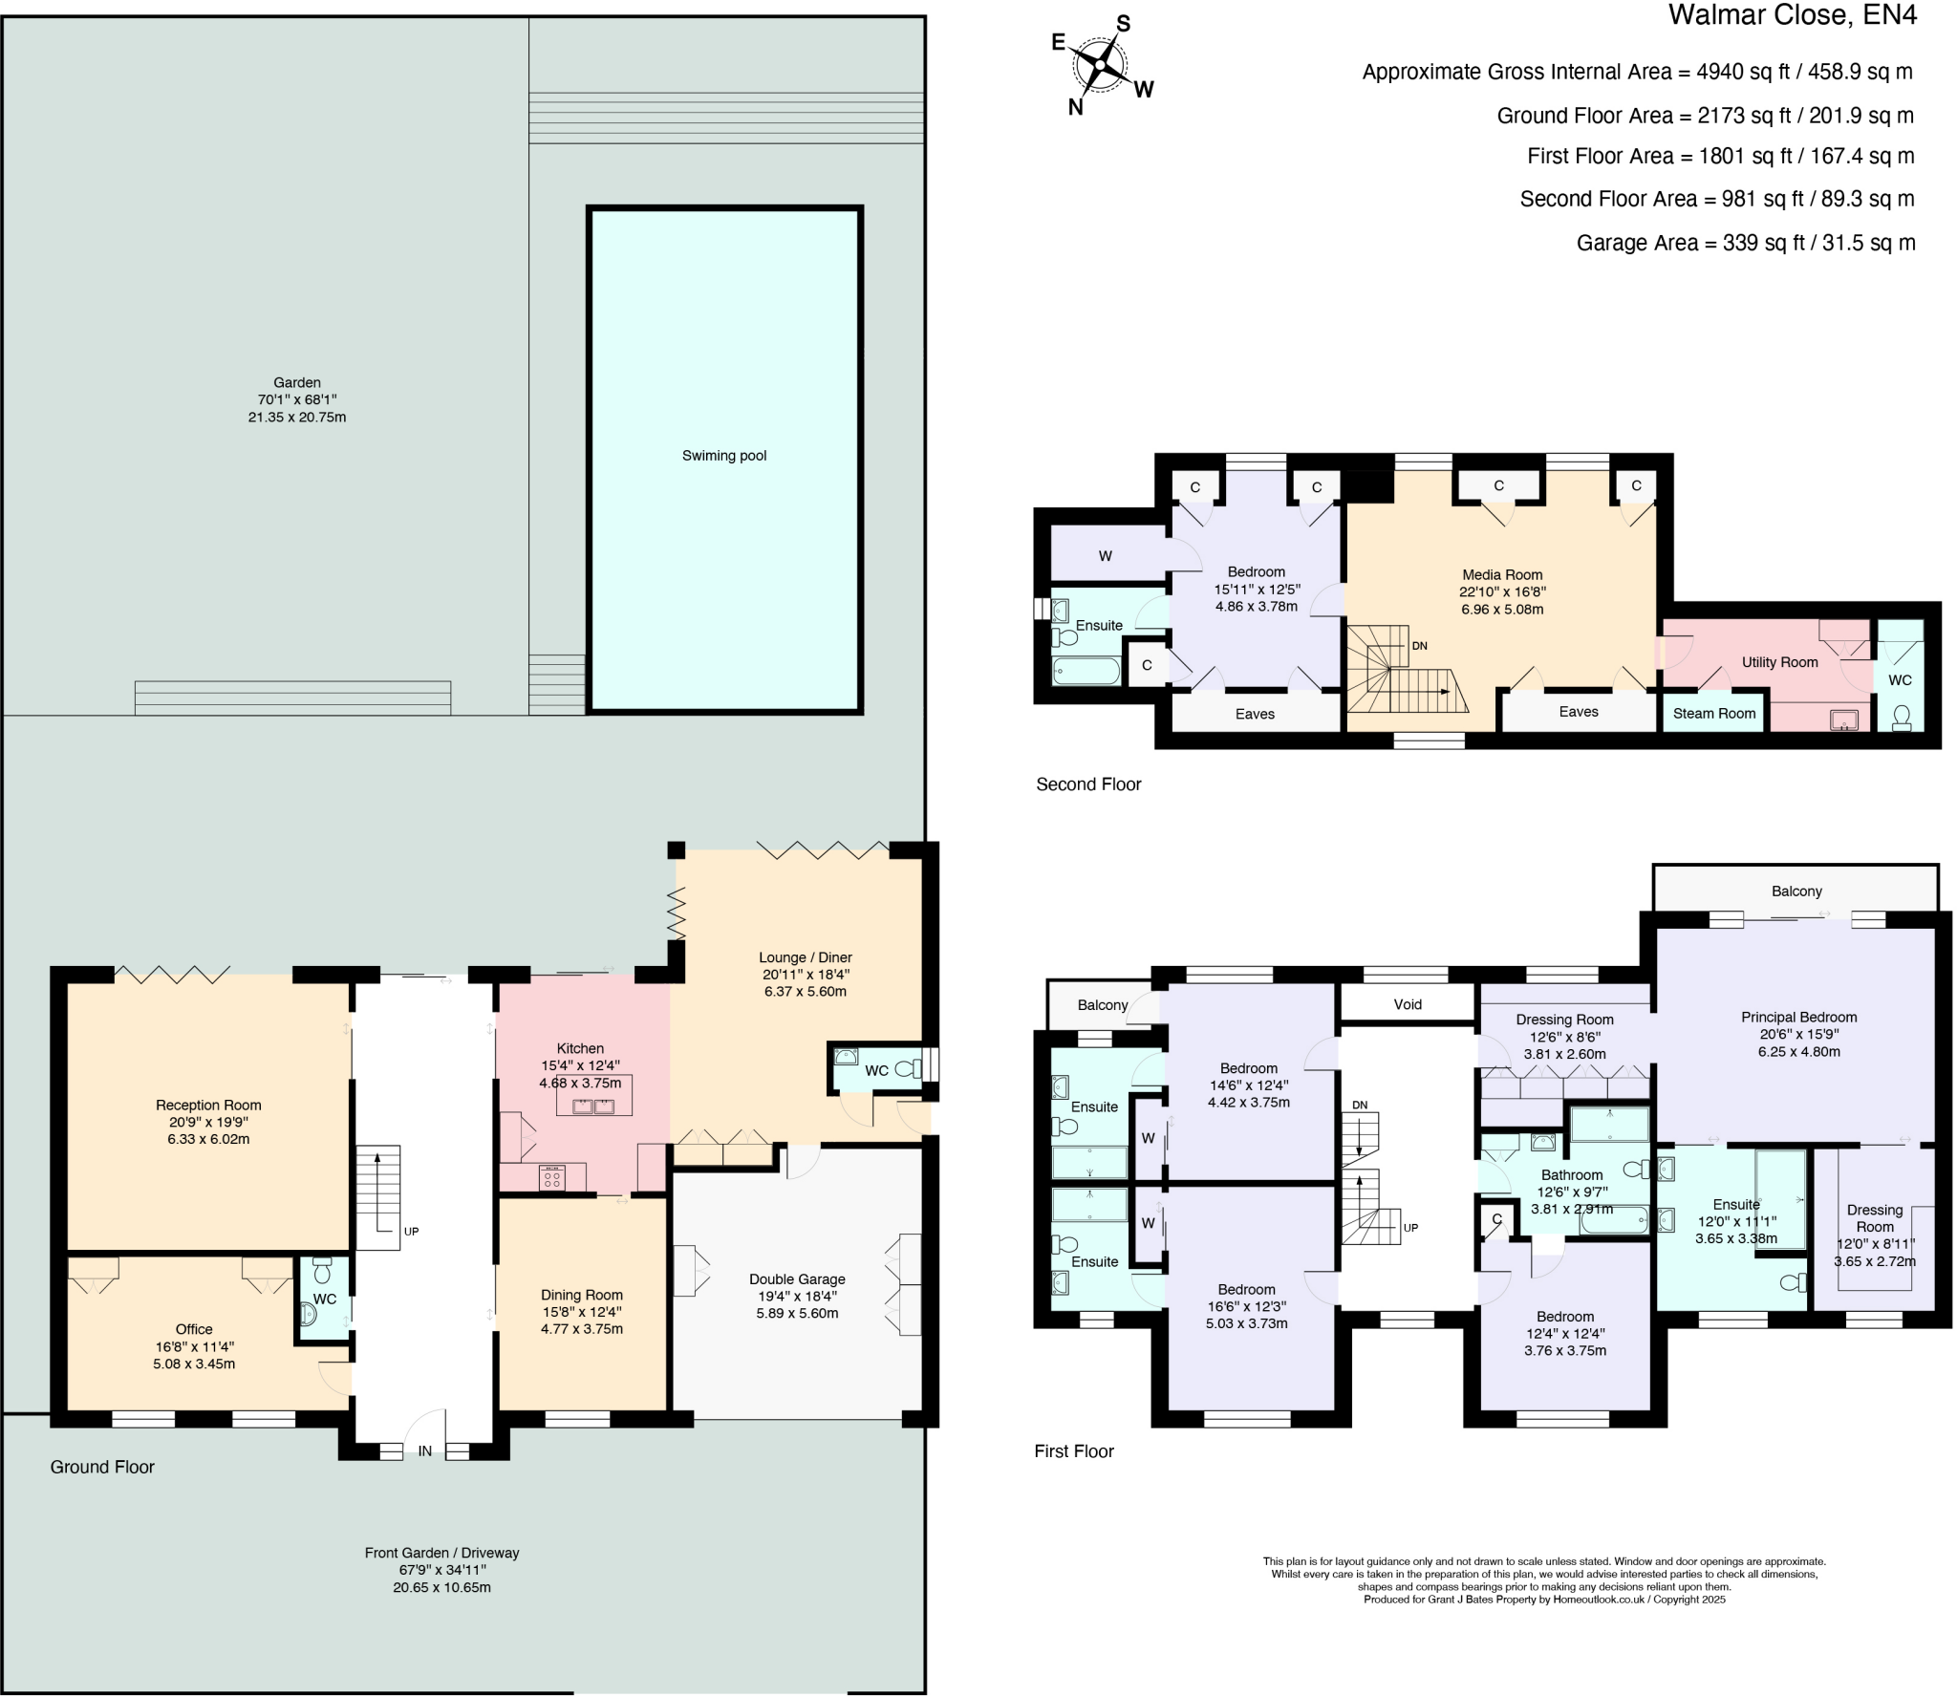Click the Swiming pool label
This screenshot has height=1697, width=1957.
pos(723,456)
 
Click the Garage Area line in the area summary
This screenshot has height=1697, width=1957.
pos(1745,243)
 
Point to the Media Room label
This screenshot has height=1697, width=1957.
pos(1502,574)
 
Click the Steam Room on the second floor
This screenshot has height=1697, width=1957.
pos(1713,713)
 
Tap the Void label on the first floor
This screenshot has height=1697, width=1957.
pos(1407,1004)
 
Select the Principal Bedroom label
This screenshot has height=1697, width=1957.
pos(1798,1018)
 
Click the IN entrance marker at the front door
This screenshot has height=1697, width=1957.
pos(424,1450)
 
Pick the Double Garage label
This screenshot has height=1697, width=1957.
pos(797,1278)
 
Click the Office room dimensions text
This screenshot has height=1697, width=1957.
pos(194,1355)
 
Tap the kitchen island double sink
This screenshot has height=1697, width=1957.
pos(593,1106)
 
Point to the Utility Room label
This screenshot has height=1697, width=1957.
pos(1778,661)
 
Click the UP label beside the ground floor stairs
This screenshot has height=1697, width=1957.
pos(411,1232)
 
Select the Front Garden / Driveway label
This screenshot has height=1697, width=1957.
pos(441,1553)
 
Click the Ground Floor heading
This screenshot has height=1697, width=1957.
pos(102,1467)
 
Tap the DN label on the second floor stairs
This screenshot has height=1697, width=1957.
pos(1419,646)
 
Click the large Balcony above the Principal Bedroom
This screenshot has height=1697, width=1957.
pos(1796,891)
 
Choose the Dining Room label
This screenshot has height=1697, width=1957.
pos(581,1295)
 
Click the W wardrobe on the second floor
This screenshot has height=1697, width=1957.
pos(1105,556)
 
